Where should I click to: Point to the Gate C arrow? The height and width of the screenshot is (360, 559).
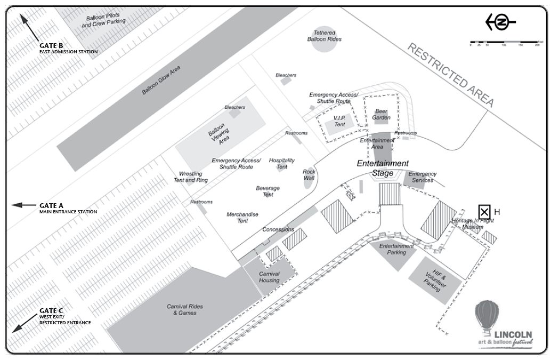23,323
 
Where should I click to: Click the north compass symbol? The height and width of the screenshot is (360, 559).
500,22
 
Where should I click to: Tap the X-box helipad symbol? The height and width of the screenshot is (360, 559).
484,212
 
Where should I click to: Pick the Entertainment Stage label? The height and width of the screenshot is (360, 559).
383,168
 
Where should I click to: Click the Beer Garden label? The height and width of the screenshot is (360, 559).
382,114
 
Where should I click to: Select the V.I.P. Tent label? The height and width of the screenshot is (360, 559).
339,121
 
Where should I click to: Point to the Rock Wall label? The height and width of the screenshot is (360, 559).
309,175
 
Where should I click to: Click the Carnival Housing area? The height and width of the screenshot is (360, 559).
269,277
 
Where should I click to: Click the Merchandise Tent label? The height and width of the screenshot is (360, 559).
242,217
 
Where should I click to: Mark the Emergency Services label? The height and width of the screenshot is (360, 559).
423,177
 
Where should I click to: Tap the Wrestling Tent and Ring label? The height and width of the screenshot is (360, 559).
193,177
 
